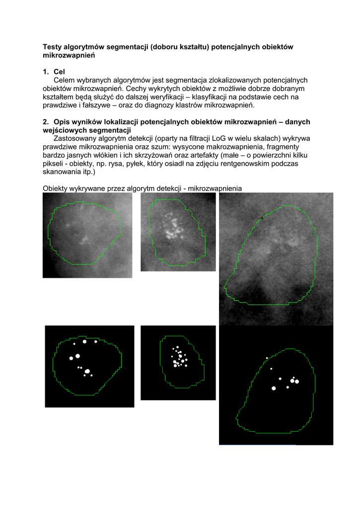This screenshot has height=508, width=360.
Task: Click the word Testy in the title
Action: click(53, 47)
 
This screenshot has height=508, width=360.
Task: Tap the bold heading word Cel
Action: click(60, 72)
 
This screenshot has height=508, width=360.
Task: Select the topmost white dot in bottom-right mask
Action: click(267, 358)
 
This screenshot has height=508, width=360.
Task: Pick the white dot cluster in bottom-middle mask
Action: click(178, 358)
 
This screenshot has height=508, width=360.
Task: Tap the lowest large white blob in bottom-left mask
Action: click(87, 371)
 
